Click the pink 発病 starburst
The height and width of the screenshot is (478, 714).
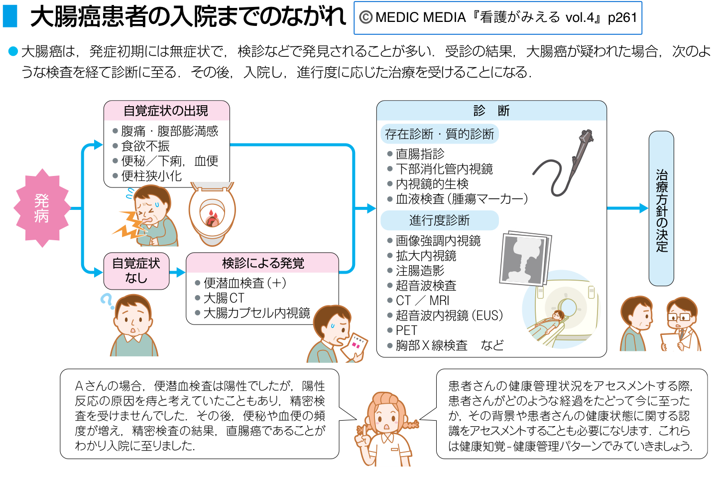[42, 208]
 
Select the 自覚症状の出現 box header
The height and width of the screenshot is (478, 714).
[166, 111]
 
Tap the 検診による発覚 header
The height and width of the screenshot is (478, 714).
[262, 263]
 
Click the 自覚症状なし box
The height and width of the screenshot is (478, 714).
[136, 271]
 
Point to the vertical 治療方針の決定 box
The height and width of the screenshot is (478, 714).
[661, 208]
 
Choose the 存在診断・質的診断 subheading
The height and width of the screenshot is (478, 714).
[439, 134]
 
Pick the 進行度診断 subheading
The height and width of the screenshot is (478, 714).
[439, 220]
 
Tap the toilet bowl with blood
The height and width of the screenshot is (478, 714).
[212, 214]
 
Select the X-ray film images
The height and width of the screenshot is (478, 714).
[525, 258]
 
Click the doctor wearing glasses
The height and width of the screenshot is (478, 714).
[681, 324]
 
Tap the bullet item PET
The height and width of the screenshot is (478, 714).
[406, 330]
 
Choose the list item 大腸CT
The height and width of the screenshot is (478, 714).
[224, 298]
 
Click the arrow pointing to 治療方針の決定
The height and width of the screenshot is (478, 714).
[627, 208]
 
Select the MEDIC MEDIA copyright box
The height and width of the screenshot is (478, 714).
[498, 18]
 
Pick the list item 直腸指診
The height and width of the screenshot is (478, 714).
[420, 154]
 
